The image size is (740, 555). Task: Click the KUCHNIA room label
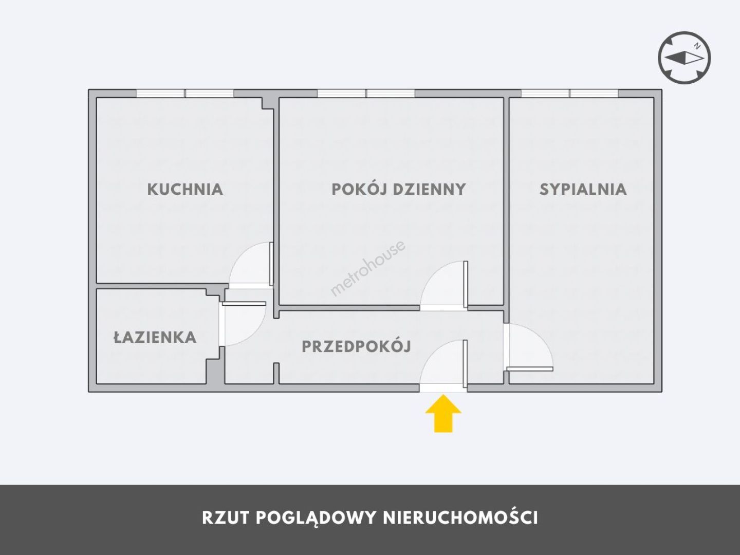click(185, 189)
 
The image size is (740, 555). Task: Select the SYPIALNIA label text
click(583, 189)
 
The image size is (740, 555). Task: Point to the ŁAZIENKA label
click(155, 337)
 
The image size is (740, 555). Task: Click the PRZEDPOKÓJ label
click(356, 346)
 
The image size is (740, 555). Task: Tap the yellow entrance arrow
click(443, 414)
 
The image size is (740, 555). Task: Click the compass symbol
click(684, 58)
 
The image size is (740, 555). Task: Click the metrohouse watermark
click(368, 268)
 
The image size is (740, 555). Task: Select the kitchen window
click(185, 94)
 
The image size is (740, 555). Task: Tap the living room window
click(366, 94)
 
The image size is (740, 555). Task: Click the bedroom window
click(570, 94)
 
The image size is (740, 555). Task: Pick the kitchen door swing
click(251, 265)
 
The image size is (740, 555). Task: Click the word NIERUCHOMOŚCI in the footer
click(460, 517)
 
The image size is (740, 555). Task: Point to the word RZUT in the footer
click(226, 518)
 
